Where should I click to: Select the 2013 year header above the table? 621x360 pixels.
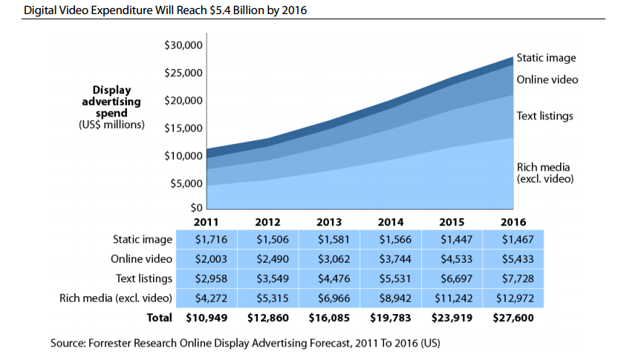pos(328,222)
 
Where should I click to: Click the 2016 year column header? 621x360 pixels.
pos(513,222)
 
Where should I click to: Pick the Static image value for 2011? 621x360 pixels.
pos(206,240)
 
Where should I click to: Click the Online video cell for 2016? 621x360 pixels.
pos(513,259)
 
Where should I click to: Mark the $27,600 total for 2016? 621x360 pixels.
pos(513,318)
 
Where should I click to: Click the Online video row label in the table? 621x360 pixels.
pos(142,259)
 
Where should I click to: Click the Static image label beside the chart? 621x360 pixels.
pos(546,58)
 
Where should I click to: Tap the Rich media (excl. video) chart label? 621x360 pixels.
pos(546,172)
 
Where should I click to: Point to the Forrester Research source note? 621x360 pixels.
pos(245,344)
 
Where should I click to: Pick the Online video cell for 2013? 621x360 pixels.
pos(328,259)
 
